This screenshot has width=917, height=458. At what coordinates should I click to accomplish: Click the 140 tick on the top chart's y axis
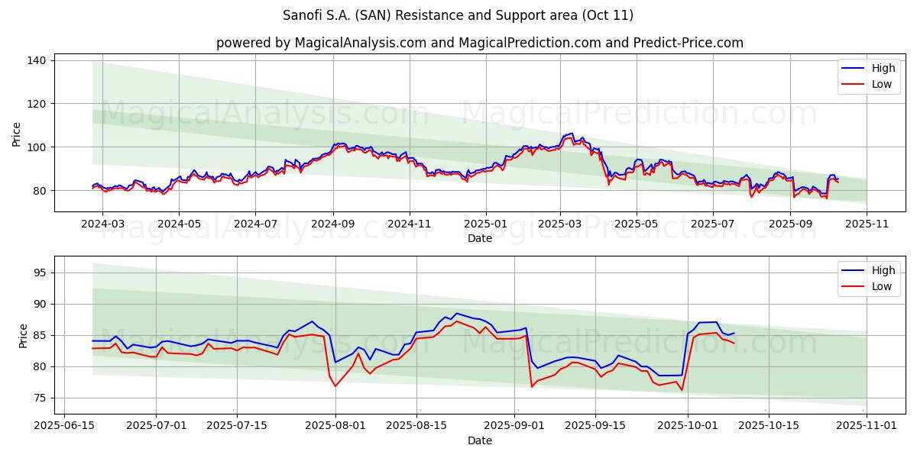38,60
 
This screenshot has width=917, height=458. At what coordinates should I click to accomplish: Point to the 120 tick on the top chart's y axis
38,104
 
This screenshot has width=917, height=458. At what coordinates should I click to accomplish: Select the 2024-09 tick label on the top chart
332,224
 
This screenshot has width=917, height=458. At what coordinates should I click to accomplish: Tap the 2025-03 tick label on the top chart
560,224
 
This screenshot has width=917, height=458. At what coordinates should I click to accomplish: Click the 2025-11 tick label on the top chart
867,224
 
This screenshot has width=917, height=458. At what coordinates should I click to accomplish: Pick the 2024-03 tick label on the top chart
102,224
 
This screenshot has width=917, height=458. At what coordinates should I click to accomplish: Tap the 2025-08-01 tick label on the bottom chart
335,426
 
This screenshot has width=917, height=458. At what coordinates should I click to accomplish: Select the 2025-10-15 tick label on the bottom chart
777,426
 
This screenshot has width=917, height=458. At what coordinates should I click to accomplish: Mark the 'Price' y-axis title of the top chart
17,134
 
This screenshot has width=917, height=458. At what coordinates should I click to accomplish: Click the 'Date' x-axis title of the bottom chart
479,440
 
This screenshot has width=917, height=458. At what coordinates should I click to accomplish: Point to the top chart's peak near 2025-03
572,134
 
